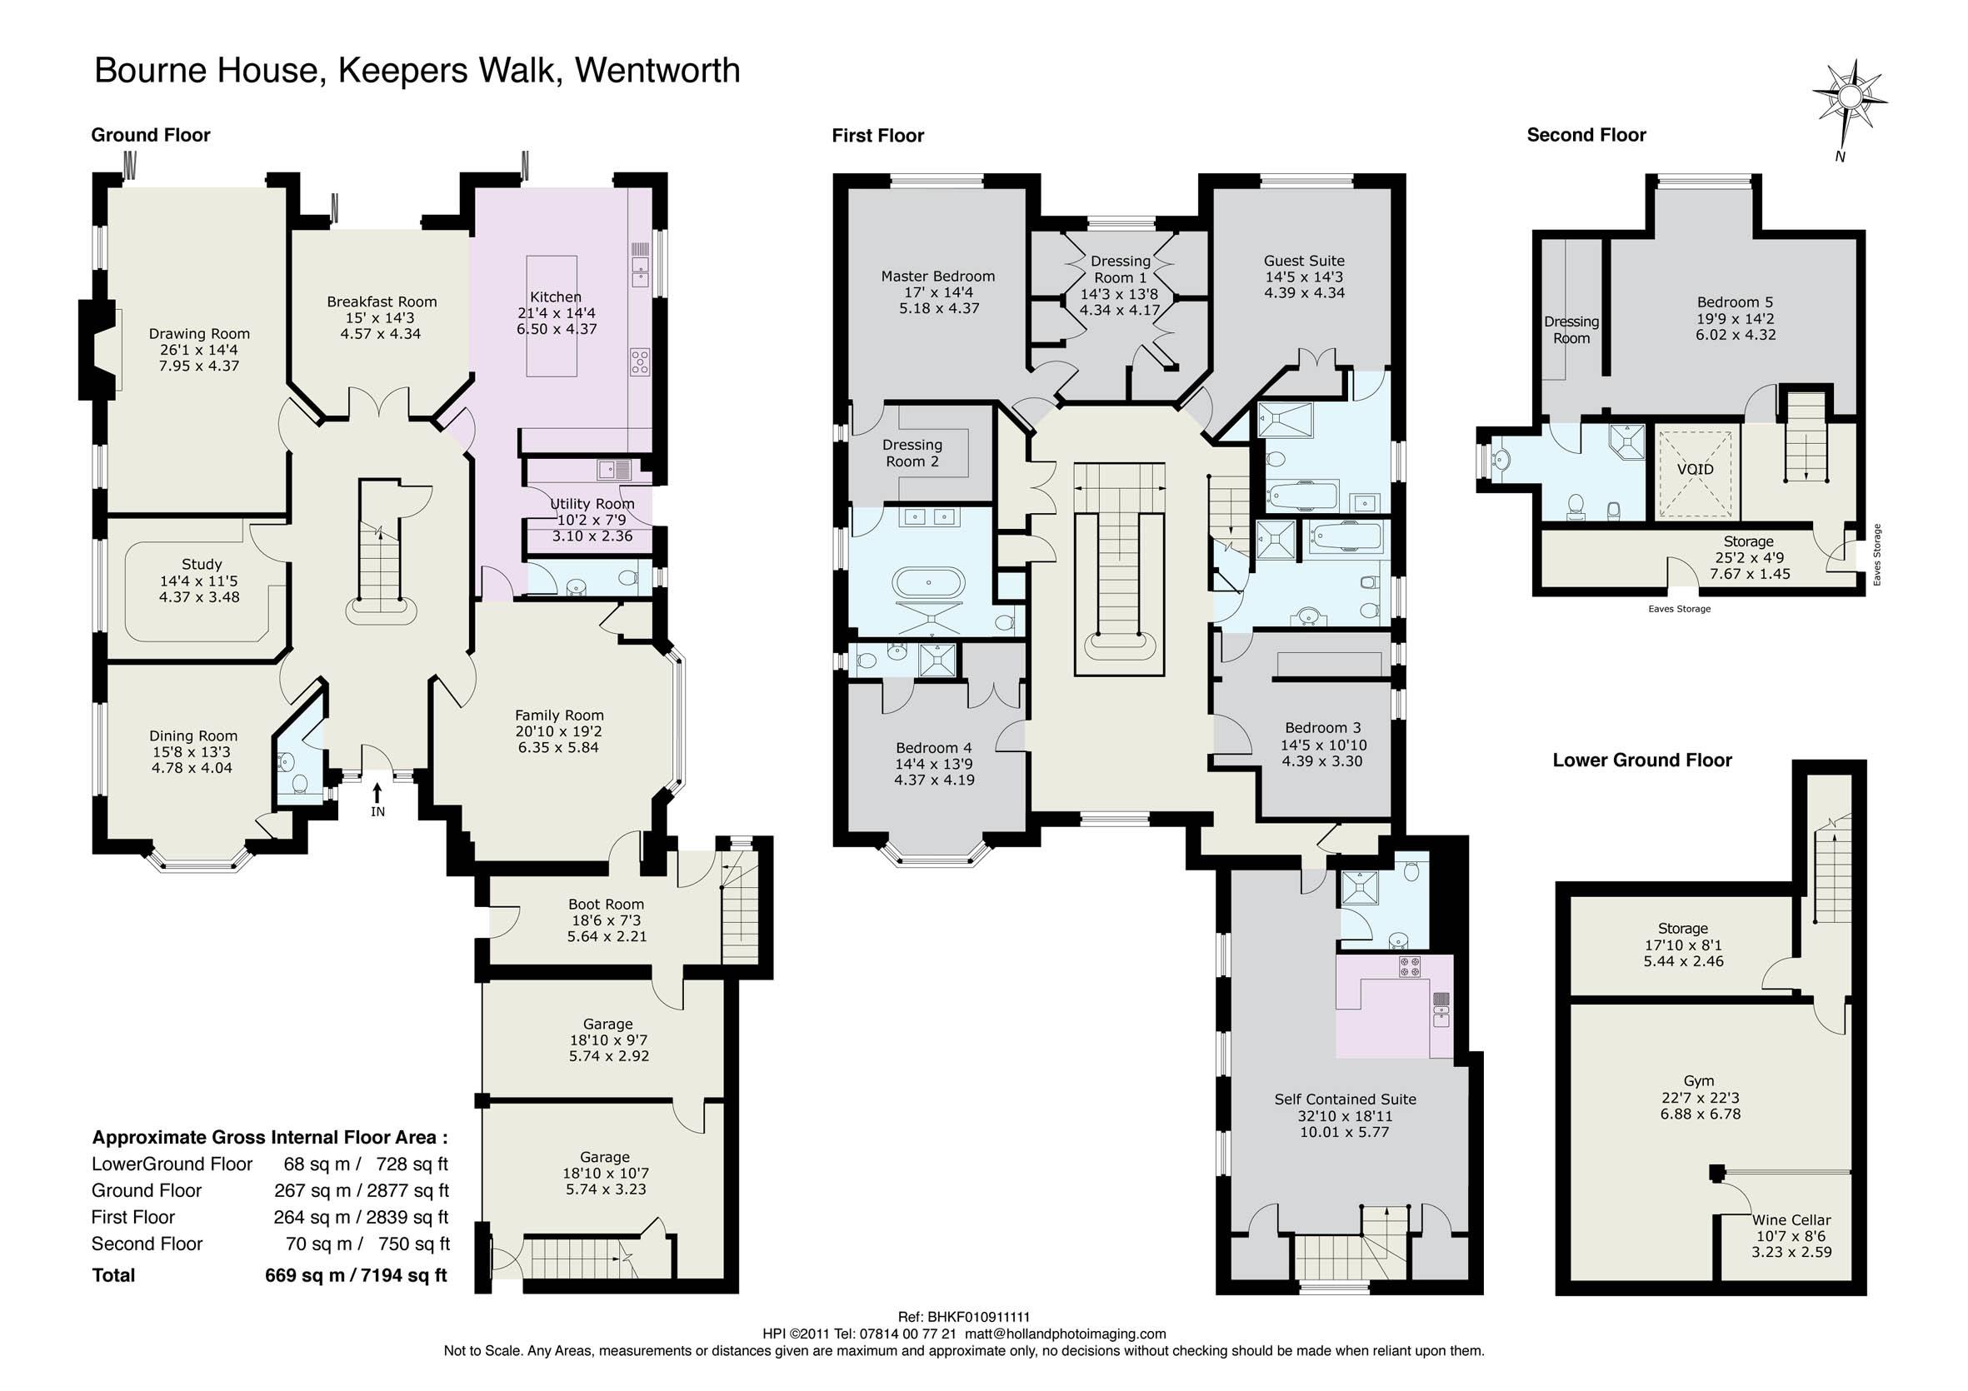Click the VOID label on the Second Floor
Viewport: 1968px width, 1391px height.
pos(1696,470)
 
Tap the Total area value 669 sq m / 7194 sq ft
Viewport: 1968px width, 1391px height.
pos(356,1275)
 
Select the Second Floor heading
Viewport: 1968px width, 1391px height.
pos(1586,136)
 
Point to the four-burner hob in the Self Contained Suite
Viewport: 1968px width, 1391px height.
pos(1410,968)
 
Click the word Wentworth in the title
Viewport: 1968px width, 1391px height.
pos(657,70)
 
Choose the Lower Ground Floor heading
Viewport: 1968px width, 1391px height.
pos(1642,760)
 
